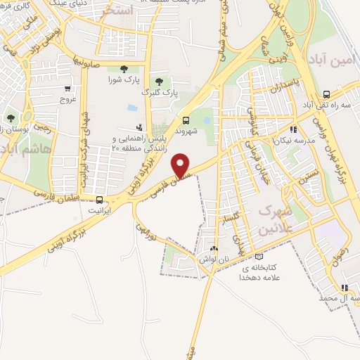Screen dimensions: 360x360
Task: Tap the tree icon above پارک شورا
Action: pyautogui.click(x=124, y=68)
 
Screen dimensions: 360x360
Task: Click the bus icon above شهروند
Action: pyautogui.click(x=186, y=120)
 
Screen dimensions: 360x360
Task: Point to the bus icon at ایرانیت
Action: pyautogui.click(x=101, y=199)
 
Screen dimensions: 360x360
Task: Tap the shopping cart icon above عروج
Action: pyautogui.click(x=67, y=89)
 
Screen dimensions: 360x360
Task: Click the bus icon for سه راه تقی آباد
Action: pyautogui.click(x=326, y=94)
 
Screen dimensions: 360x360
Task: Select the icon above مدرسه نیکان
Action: pyautogui.click(x=293, y=129)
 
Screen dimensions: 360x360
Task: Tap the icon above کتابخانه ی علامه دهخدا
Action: pyautogui.click(x=259, y=257)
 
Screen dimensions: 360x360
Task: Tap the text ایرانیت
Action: pyautogui.click(x=101, y=210)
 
